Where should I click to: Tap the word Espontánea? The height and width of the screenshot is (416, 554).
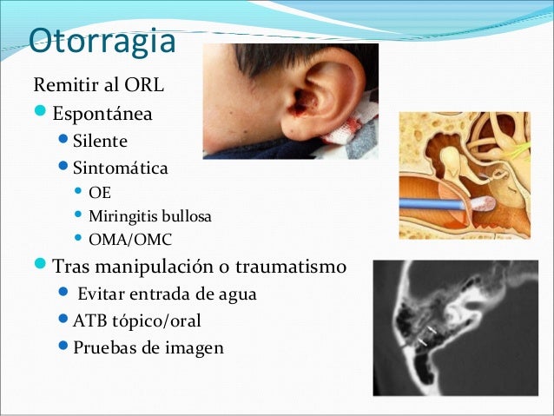[x=102, y=114]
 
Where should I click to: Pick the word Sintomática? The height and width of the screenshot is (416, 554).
[x=121, y=168]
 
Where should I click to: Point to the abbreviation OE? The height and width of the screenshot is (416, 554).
[x=100, y=193]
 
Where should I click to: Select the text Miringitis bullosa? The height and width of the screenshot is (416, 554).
[x=149, y=215]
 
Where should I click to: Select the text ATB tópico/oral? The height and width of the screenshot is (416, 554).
[x=137, y=320]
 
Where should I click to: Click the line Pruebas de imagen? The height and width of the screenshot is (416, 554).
[x=148, y=347]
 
